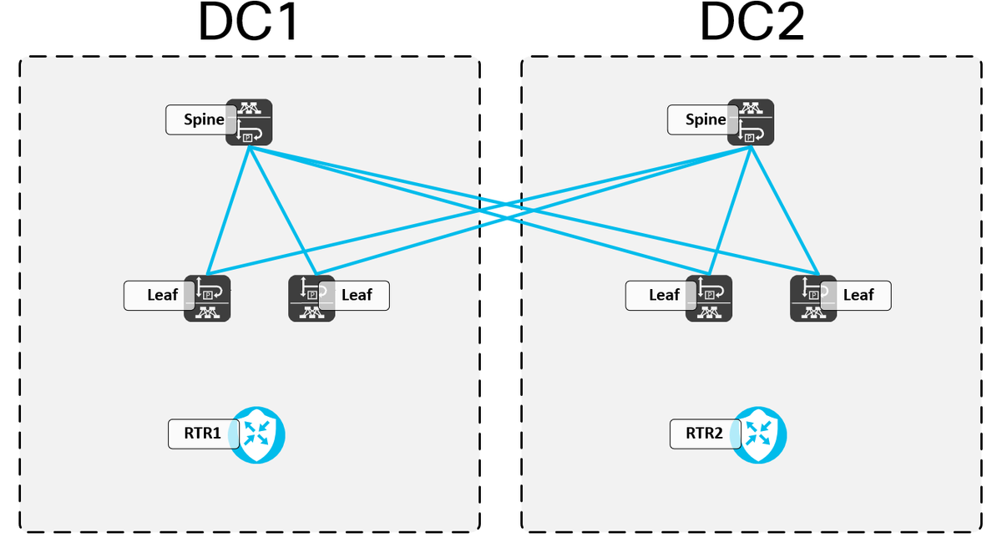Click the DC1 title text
click(x=248, y=23)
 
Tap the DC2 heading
click(x=751, y=23)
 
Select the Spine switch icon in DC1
click(x=249, y=122)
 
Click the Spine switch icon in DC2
click(x=751, y=122)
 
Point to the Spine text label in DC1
click(x=204, y=119)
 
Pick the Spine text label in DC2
click(x=706, y=119)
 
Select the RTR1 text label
click(x=204, y=434)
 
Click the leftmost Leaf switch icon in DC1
click(x=207, y=298)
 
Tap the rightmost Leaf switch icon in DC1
click(x=311, y=298)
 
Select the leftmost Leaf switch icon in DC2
click(x=709, y=298)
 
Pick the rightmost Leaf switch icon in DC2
click(x=813, y=298)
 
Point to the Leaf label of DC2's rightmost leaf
click(x=858, y=295)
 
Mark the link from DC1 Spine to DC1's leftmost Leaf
click(x=229, y=209)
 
